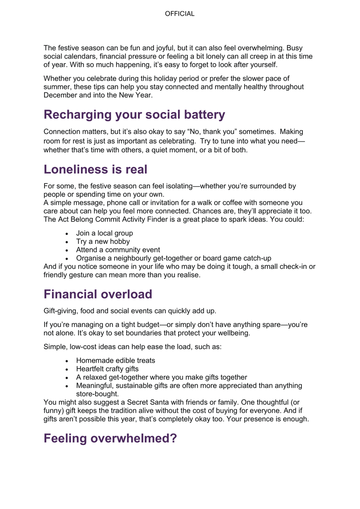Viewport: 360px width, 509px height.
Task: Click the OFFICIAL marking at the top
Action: [x=180, y=14]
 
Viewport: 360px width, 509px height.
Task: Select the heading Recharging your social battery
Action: [x=134, y=115]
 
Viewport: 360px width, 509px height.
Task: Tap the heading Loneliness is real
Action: [x=95, y=169]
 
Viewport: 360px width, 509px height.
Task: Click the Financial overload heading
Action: [x=98, y=294]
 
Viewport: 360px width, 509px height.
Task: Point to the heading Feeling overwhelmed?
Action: [x=110, y=438]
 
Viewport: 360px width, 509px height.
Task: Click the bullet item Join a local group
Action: [x=104, y=233]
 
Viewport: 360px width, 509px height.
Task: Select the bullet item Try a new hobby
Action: [x=103, y=241]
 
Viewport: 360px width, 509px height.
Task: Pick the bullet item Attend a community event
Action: [x=118, y=250]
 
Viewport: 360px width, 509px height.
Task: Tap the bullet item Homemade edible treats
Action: [x=115, y=360]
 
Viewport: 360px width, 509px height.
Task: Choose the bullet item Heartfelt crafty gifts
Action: [x=107, y=369]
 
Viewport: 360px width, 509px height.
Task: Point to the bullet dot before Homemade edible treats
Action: [x=67, y=361]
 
